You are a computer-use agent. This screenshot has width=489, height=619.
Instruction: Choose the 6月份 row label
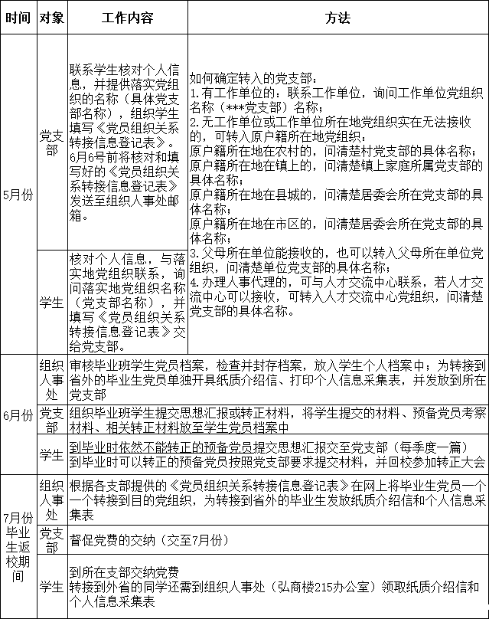[18, 415]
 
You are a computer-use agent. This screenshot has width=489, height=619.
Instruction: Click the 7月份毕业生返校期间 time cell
[18, 546]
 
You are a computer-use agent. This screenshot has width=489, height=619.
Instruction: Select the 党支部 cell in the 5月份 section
[51, 142]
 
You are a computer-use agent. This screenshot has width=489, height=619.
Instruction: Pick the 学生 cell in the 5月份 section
[51, 302]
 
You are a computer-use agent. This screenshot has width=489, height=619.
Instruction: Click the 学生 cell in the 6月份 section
[51, 455]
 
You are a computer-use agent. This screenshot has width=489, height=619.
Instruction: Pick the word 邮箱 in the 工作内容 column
[82, 216]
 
